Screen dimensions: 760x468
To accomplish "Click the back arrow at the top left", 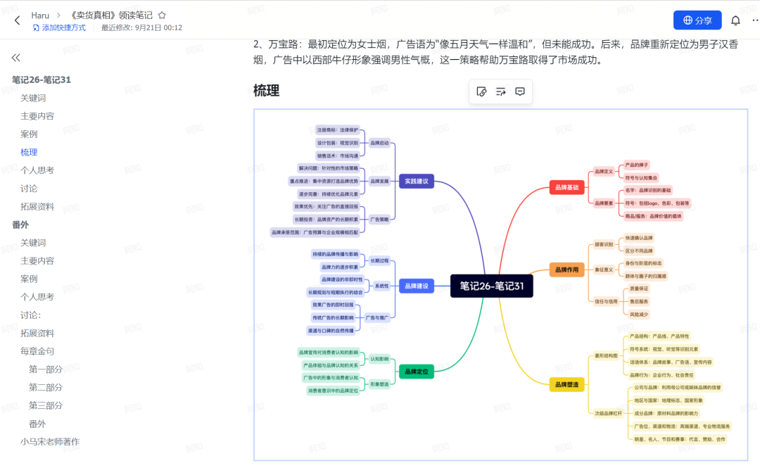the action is coord(18,20).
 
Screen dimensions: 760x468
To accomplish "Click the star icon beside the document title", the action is coord(162,15).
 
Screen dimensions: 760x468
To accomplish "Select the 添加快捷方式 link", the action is coord(59,27).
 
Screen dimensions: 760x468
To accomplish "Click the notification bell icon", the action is coord(736,20).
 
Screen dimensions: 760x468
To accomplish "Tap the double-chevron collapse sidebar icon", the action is coord(16,58).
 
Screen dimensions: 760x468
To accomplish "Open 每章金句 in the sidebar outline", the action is coord(37,351).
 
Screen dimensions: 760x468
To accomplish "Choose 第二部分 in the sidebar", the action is coord(46,388).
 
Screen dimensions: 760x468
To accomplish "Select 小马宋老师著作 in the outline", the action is coord(50,442).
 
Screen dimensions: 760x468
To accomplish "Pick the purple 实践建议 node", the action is coord(417,181).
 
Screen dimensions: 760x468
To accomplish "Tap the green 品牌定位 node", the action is coord(417,371).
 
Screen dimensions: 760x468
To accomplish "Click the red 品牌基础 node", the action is coord(566,187).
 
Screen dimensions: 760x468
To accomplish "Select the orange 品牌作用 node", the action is coord(566,270).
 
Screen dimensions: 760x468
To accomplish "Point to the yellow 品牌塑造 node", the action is coord(566,384).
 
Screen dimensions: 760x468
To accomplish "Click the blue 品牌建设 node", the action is coord(417,286).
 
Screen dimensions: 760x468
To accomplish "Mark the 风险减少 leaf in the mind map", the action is coord(639,314).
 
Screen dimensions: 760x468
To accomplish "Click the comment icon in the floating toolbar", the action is coord(520,91).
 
